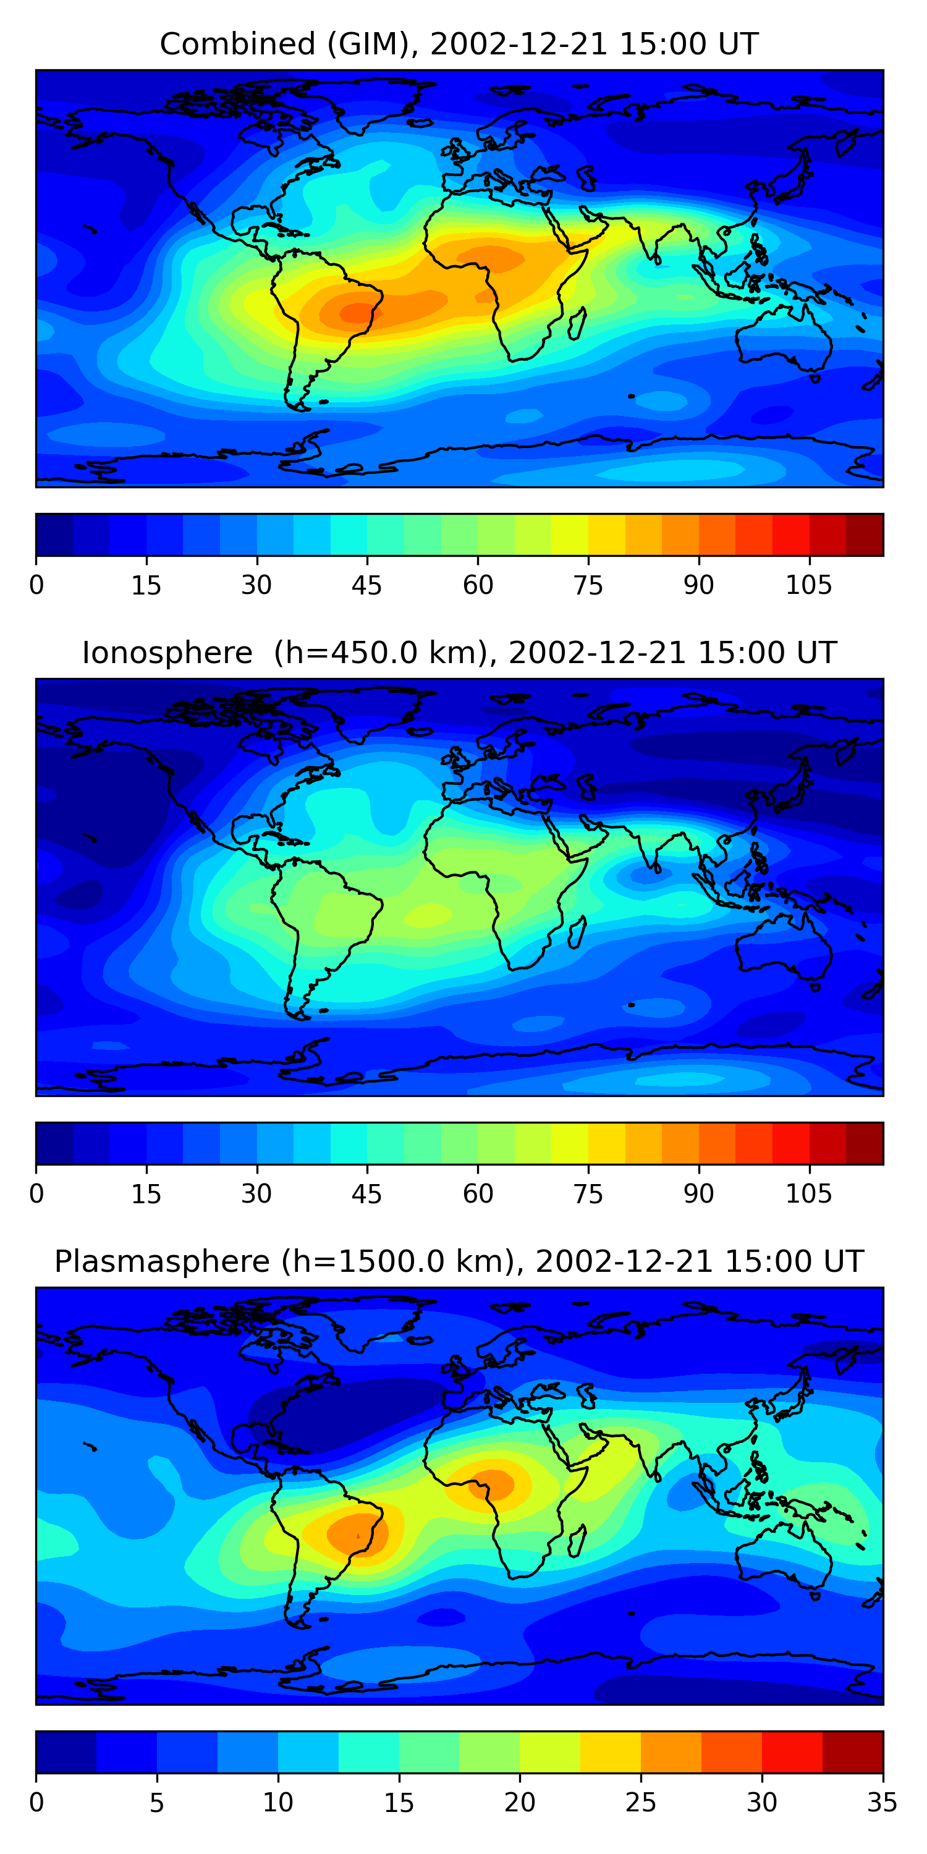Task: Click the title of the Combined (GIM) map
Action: (x=459, y=44)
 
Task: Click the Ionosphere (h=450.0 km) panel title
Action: (x=459, y=653)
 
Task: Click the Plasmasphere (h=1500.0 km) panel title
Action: (x=459, y=1262)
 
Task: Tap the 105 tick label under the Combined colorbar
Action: (x=808, y=585)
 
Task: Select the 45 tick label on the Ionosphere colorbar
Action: (x=366, y=1194)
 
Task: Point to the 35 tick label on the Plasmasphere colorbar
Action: (x=882, y=1803)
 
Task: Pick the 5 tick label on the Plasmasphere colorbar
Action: (x=157, y=1803)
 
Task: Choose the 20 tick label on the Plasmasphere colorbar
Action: (x=520, y=1803)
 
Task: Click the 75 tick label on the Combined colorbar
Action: (x=588, y=585)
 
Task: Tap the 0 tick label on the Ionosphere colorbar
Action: (x=36, y=1194)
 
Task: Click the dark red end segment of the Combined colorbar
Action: (x=865, y=535)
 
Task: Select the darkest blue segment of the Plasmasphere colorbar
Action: (x=66, y=1752)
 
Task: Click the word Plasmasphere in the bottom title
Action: (x=162, y=1262)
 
